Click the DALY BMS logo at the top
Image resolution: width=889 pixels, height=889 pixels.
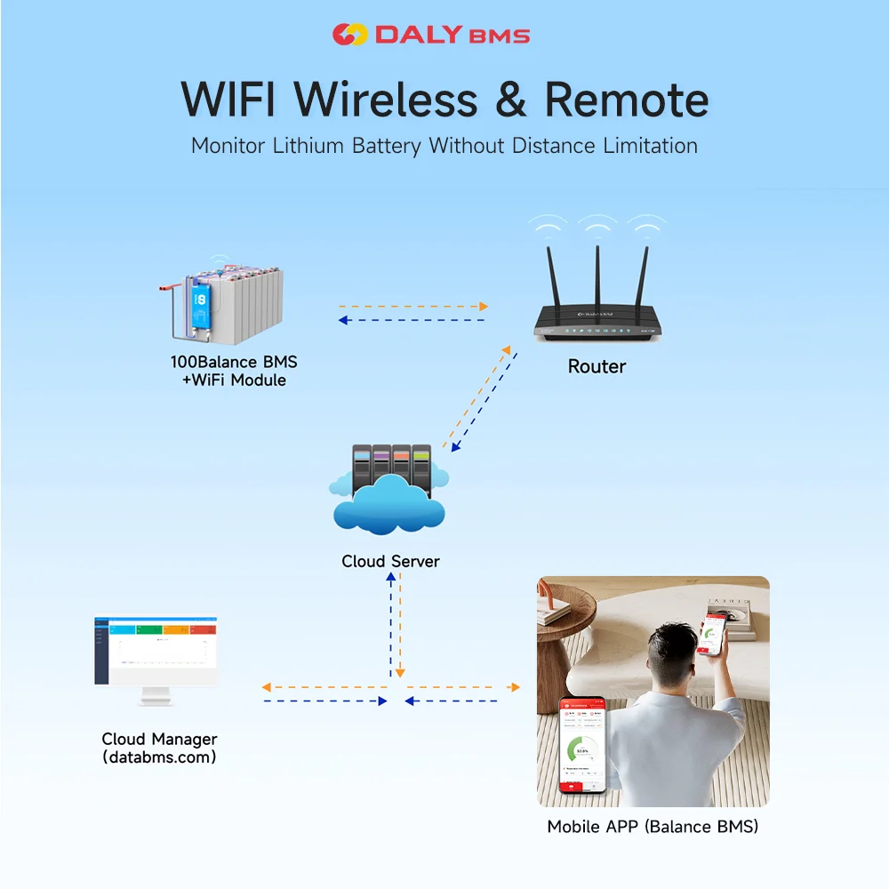431,35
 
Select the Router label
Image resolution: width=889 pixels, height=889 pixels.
597,366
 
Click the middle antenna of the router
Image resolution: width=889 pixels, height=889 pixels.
597,276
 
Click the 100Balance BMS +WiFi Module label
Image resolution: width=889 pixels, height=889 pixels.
234,371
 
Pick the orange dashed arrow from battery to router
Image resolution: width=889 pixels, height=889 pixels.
413,307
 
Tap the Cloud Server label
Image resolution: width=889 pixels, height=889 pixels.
390,561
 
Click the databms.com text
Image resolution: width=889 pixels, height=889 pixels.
159,757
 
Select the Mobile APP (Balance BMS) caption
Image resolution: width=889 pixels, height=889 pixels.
653,827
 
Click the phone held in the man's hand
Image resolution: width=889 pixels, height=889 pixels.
713,635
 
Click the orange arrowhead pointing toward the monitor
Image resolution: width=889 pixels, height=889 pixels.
267,687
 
